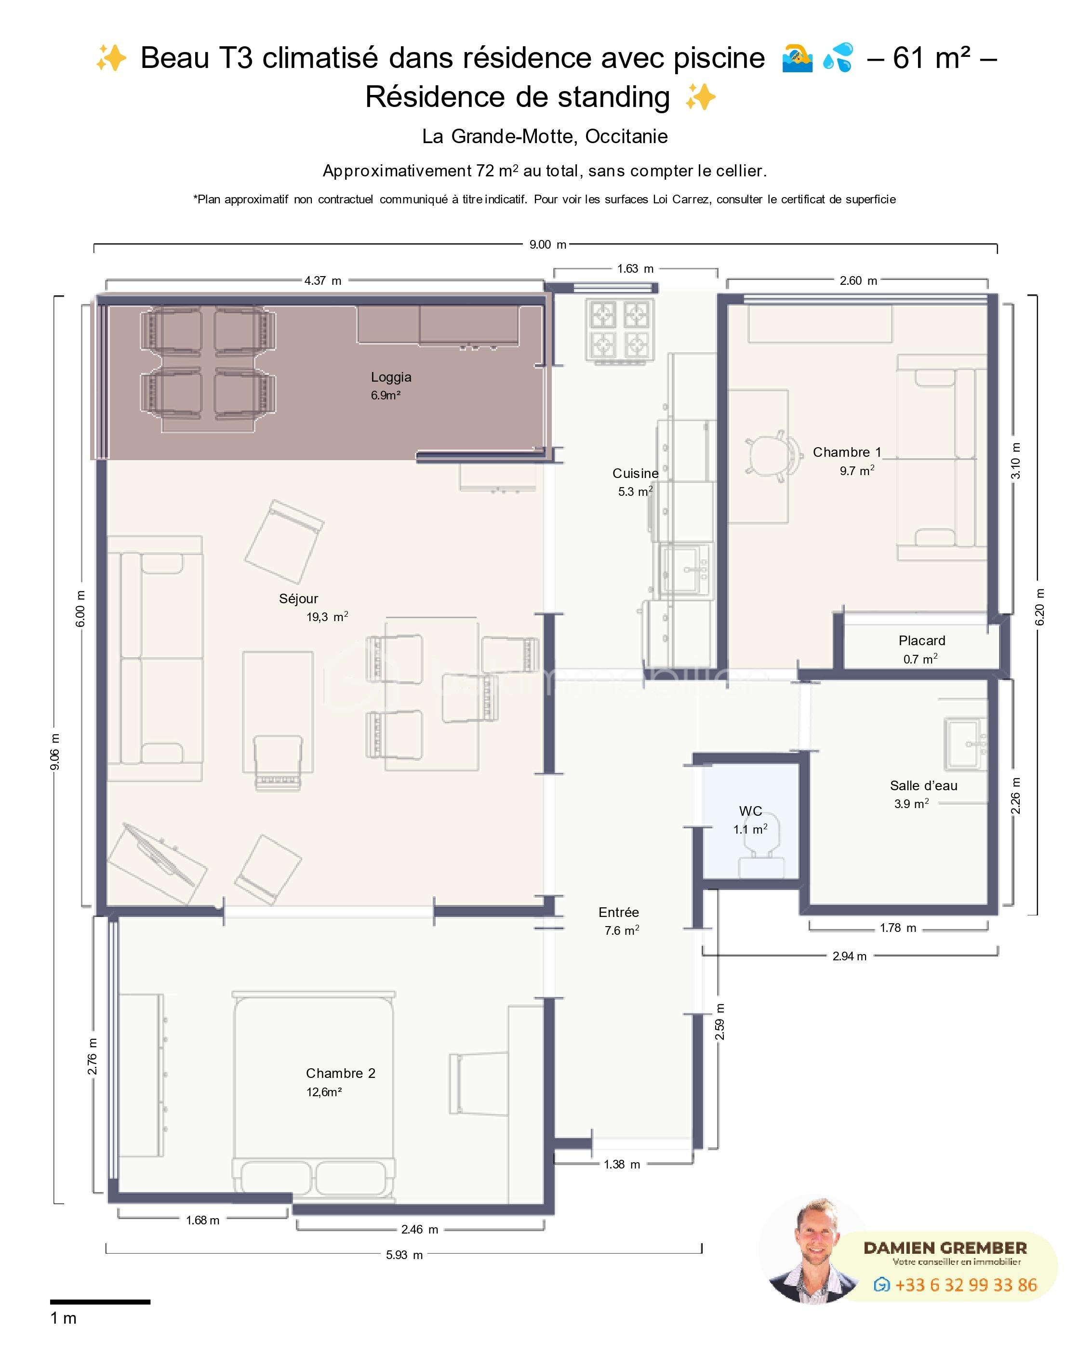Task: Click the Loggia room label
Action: pyautogui.click(x=391, y=377)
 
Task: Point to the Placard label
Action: pyautogui.click(x=921, y=641)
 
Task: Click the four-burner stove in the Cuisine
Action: pyautogui.click(x=620, y=330)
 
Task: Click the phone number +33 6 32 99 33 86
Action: pyautogui.click(x=966, y=1285)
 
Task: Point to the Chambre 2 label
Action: pyautogui.click(x=340, y=1074)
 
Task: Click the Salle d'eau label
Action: pyautogui.click(x=923, y=785)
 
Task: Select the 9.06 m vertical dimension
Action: pyautogui.click(x=55, y=752)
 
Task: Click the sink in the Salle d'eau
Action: pyautogui.click(x=966, y=744)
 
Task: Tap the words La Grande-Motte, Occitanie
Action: pyautogui.click(x=545, y=136)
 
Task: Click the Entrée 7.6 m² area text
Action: pyautogui.click(x=622, y=930)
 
